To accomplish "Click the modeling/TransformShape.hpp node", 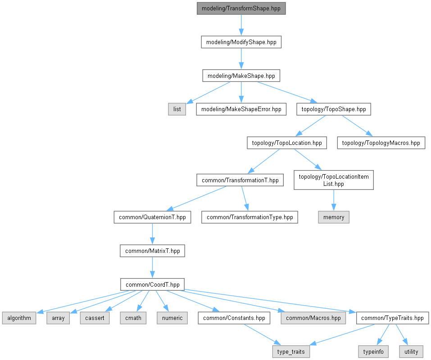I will [241, 9].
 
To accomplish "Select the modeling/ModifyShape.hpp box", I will [241, 42].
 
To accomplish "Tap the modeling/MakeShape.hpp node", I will [241, 76].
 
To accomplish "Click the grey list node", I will [177, 109].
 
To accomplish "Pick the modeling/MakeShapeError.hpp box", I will [241, 109].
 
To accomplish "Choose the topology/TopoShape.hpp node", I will [333, 109].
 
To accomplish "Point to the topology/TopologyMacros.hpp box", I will [381, 143].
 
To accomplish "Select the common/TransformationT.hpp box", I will [240, 180].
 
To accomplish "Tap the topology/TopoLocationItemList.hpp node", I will [334, 180].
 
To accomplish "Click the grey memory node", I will [334, 217].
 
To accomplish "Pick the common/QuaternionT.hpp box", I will [152, 217].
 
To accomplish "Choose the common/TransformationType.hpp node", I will [250, 217].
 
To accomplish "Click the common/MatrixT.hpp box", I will [152, 251].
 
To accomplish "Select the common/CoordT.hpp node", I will [152, 284].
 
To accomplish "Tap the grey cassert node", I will [95, 318].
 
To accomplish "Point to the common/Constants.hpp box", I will [234, 318].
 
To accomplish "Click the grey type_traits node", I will [291, 352].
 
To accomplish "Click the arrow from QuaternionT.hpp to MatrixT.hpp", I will [152, 234].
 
